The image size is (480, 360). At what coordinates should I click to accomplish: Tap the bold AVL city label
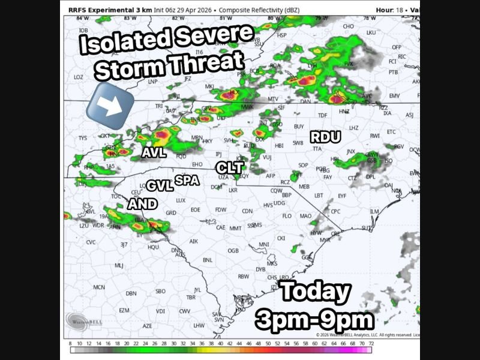click(x=154, y=152)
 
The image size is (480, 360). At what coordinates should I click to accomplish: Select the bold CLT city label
click(x=229, y=167)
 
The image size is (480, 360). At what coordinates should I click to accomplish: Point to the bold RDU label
click(x=325, y=137)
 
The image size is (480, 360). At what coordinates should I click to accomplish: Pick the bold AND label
click(x=142, y=204)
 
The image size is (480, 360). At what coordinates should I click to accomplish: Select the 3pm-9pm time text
click(x=314, y=318)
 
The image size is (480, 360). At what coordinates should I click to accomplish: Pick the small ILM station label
click(x=374, y=211)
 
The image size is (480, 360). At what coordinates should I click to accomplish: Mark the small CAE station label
click(x=221, y=227)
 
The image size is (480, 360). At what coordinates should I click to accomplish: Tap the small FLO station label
click(x=287, y=215)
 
